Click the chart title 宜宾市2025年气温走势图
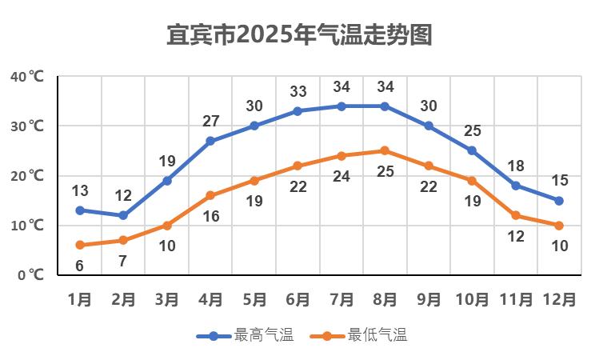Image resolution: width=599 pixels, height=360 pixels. [299, 35]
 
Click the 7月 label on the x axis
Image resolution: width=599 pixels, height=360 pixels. [341, 300]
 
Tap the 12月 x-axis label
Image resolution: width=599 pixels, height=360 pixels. [559, 300]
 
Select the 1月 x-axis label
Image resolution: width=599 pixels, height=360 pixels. [80, 300]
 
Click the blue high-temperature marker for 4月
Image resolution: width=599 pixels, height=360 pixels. [210, 141]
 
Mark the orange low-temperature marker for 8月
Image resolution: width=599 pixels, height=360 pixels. [385, 150]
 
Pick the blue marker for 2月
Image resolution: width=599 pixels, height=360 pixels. [123, 215]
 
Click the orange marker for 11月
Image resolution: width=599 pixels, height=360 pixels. [516, 215]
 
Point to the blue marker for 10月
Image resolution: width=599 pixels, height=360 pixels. [472, 150]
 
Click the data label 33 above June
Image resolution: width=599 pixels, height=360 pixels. [298, 91]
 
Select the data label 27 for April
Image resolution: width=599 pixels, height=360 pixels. [210, 122]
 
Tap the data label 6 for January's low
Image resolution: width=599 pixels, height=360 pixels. [80, 266]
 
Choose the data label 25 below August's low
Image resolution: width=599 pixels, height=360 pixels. [385, 171]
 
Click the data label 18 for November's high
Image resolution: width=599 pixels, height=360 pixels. [516, 166]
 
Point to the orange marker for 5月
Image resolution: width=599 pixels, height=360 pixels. [254, 181]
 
